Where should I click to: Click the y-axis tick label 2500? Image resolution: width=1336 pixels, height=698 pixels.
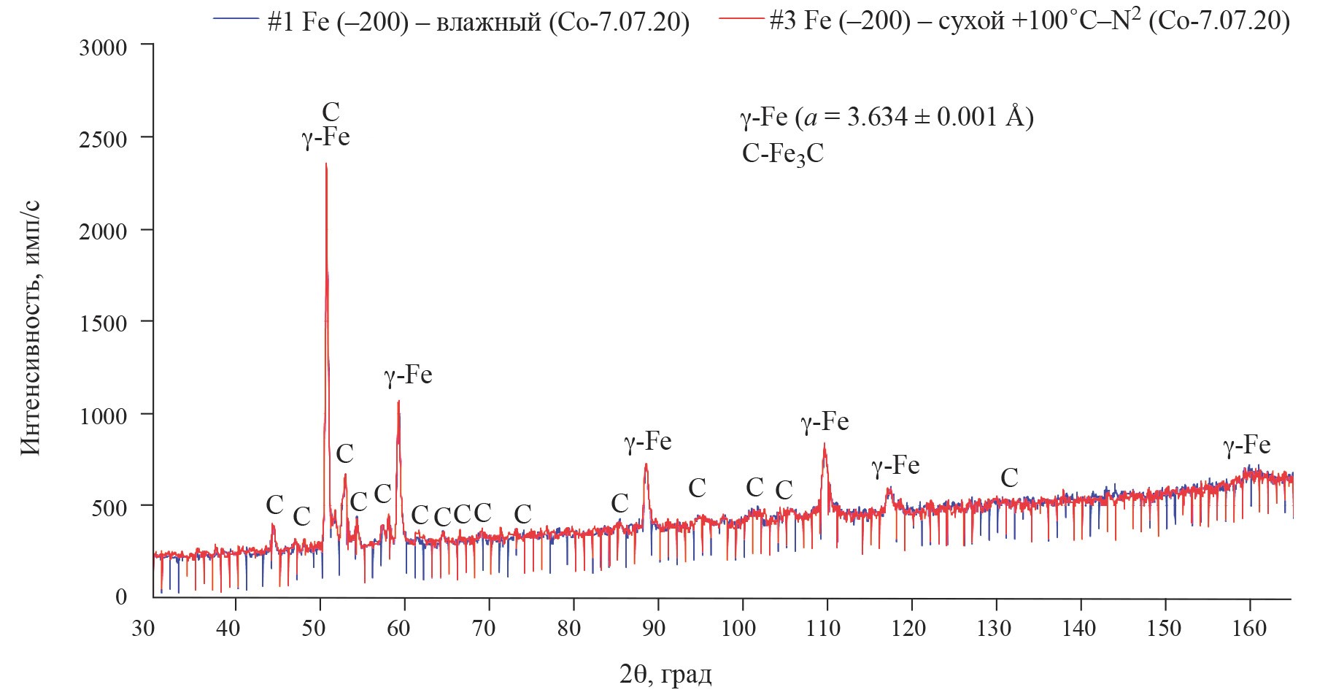pos(102,139)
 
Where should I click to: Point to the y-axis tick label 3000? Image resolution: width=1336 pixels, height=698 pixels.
pos(102,47)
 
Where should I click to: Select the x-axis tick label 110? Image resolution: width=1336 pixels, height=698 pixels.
pos(824,628)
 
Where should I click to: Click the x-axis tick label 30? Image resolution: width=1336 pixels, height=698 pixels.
pos(144,628)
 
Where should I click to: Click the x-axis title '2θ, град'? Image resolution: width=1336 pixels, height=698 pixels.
pos(665,675)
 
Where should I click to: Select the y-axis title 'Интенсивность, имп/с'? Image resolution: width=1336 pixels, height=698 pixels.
pos(31,329)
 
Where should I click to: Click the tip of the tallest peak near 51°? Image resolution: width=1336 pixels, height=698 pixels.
pos(326,164)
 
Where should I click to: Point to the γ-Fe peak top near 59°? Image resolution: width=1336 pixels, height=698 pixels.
pos(398,401)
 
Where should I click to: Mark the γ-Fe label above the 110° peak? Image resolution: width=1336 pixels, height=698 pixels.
pos(825,422)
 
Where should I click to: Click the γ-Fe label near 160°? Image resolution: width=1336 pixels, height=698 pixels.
pos(1246,445)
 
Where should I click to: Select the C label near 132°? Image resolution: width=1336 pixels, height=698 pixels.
pos(1009,478)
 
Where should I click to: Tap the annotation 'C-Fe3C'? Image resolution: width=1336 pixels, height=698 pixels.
pos(782,155)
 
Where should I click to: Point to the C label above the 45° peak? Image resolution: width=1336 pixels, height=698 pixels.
pos(274,504)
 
